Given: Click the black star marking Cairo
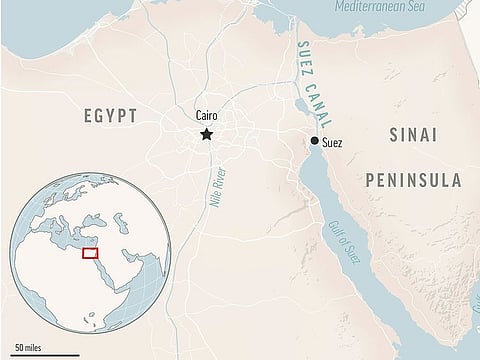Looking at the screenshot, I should click(207, 133).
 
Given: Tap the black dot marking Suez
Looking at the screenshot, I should click(315, 142).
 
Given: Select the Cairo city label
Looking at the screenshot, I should click(207, 116).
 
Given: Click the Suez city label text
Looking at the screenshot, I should click(333, 143).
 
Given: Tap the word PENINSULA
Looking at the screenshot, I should click(413, 182).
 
